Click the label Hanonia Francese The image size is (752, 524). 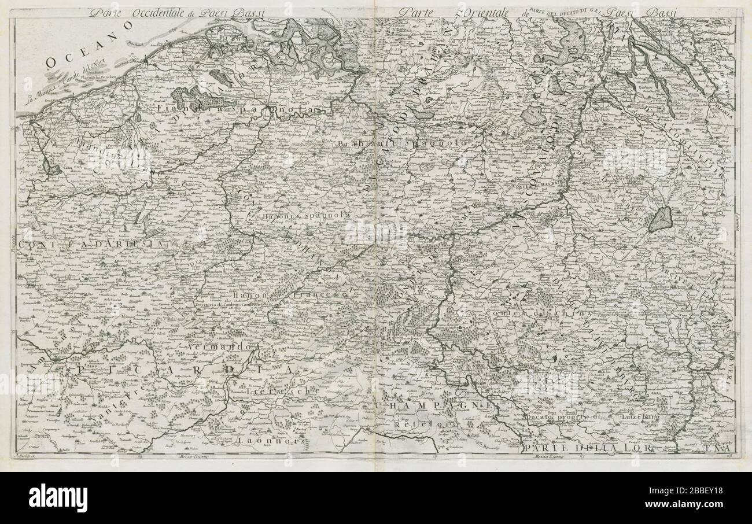coord(298,296)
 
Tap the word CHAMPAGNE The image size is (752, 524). coord(434,407)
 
